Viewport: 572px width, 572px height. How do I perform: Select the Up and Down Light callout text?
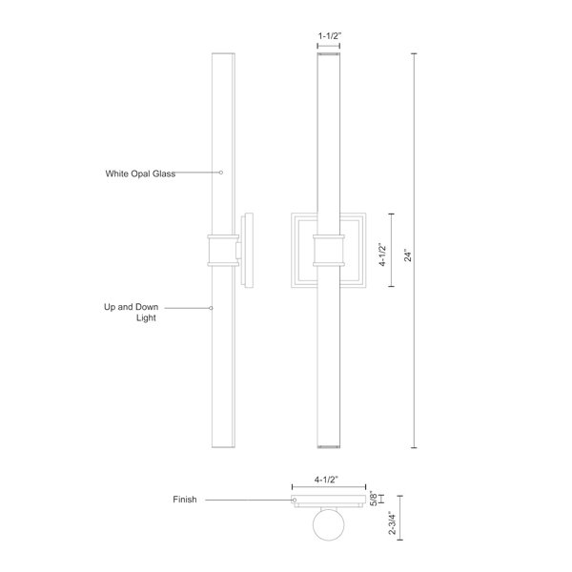click(x=132, y=313)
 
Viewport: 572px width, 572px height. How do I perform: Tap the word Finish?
click(x=184, y=500)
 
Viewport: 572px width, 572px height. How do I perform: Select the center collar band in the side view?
click(x=220, y=251)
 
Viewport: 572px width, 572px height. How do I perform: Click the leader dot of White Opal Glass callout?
click(x=221, y=173)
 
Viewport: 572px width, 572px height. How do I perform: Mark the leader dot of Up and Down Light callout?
click(x=211, y=308)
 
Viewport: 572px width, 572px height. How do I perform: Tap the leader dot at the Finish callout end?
click(x=295, y=500)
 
